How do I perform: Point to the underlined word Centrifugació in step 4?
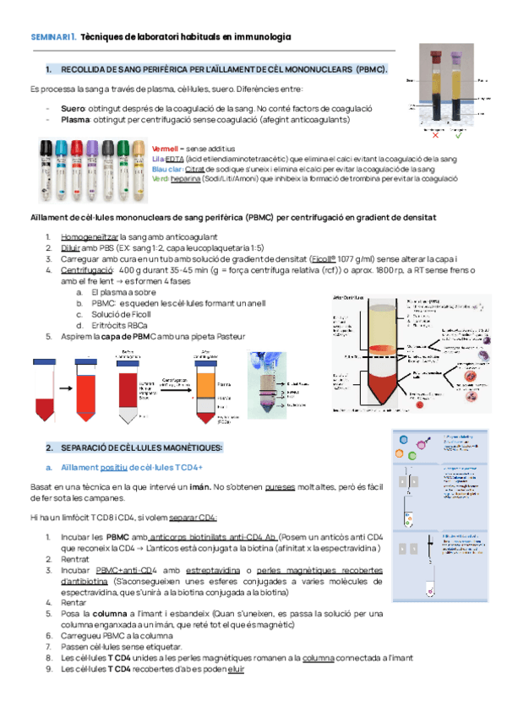coord(86,269)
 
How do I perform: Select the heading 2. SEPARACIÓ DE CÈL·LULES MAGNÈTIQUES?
coord(134,447)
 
